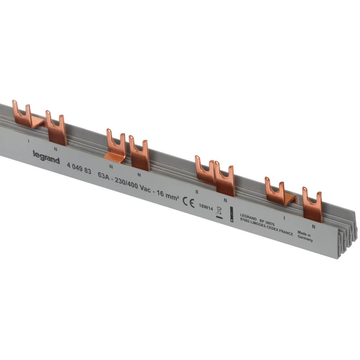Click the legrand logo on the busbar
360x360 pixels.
point(46,157)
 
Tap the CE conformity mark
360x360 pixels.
point(189,202)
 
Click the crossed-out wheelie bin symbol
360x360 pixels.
point(219,212)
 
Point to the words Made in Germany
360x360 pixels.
point(305,236)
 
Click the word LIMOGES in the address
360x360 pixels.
point(261,225)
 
